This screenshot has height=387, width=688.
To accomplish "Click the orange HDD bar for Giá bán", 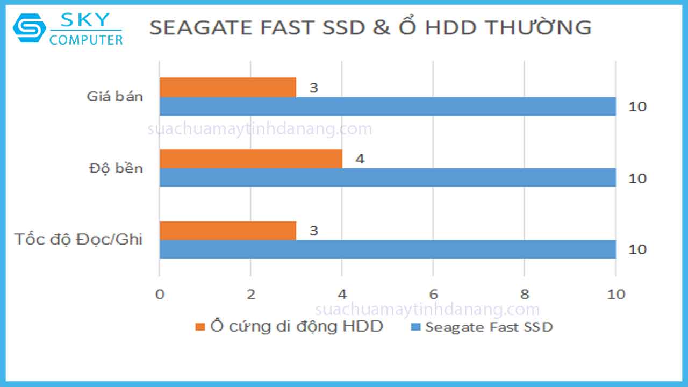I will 227,87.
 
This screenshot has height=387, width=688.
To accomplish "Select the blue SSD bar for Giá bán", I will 387,106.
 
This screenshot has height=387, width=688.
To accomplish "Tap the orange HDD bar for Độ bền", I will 250,159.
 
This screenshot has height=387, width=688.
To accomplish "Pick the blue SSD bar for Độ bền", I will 387,178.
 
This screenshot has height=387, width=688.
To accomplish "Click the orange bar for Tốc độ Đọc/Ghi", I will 227,230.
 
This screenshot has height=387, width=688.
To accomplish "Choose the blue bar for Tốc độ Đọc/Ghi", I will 387,249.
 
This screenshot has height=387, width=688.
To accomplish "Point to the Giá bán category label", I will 115,97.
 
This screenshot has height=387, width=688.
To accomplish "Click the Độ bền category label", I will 116,168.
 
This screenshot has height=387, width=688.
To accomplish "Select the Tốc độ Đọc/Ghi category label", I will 78,239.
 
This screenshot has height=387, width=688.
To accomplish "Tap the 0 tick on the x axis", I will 159,295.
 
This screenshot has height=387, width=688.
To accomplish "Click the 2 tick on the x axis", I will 250,295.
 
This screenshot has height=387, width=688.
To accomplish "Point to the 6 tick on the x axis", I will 433,295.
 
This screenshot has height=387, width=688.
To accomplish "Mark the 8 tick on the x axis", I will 525,295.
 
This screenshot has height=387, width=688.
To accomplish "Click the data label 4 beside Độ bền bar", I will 360,159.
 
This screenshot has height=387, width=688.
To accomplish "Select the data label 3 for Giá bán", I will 313,88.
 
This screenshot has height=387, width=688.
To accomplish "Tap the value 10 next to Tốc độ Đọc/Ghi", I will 637,250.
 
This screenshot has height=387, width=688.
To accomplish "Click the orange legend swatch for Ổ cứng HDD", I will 200,327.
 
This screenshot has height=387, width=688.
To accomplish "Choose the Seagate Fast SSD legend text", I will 489,327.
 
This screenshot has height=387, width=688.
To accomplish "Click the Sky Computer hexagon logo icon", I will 30,28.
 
